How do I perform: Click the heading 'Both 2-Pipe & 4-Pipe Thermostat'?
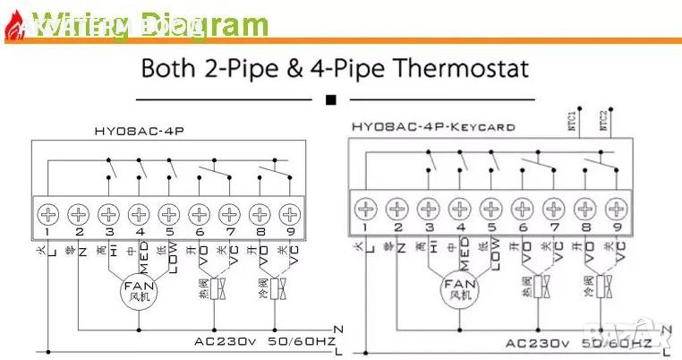click(336, 68)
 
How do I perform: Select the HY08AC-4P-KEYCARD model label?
click(432, 127)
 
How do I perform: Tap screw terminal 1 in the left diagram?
click(47, 214)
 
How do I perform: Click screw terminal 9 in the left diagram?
click(289, 214)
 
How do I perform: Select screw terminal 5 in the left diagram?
click(168, 214)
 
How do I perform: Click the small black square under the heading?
click(332, 99)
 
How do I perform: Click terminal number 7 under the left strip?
click(229, 234)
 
